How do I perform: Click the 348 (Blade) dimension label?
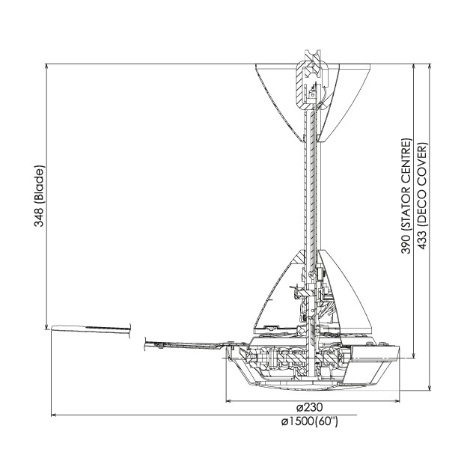39,195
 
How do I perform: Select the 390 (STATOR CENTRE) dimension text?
406,196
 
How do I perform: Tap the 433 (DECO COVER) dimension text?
422,196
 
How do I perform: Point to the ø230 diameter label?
310,407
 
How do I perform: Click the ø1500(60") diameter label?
310,421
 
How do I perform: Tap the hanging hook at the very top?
313,56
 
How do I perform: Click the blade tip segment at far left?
91,330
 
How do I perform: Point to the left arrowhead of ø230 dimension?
229,401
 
